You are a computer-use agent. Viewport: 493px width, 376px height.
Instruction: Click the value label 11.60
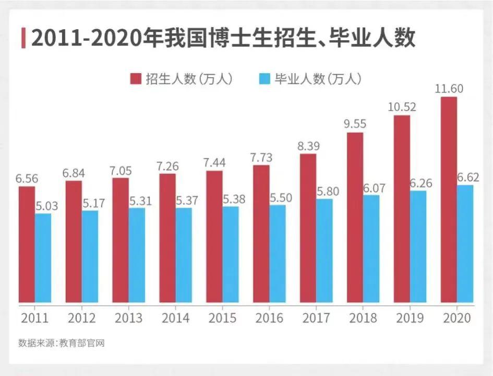pos(449,88)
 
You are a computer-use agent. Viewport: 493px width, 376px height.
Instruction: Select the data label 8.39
pos(308,146)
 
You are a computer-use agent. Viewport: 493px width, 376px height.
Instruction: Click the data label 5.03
pos(47,205)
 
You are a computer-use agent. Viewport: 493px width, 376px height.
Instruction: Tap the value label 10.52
pos(402,107)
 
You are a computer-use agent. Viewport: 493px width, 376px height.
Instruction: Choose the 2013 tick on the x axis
pos(128,318)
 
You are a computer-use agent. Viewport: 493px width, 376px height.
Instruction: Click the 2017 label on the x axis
pos(316,318)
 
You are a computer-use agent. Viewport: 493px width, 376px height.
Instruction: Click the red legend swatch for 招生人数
pos(136,79)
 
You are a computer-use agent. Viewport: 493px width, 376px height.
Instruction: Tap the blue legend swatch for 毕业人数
pos(264,79)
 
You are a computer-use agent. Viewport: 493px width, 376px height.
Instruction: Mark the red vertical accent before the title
pos(23,39)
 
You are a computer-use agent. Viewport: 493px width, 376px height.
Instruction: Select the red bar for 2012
pos(73,241)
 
